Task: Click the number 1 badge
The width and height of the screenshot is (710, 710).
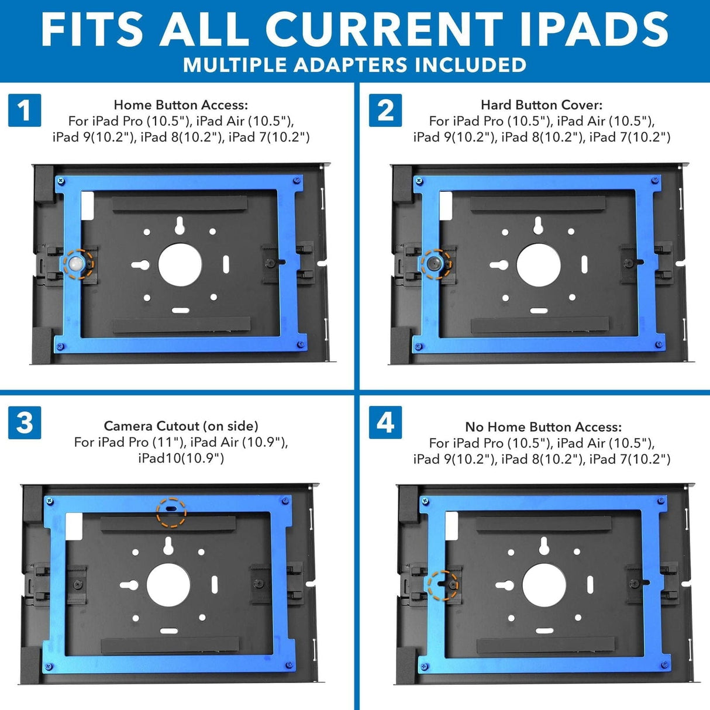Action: click(x=25, y=110)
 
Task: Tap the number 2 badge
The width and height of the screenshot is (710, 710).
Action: click(x=385, y=110)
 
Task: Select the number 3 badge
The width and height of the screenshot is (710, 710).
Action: click(x=25, y=422)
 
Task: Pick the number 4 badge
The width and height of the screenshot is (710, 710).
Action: click(x=385, y=422)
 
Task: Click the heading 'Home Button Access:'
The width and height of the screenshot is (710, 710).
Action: click(x=181, y=105)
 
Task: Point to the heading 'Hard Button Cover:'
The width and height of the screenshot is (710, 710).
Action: click(x=542, y=105)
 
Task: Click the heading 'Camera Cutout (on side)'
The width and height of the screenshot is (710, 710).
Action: click(x=181, y=426)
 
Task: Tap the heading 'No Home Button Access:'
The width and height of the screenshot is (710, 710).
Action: click(x=543, y=427)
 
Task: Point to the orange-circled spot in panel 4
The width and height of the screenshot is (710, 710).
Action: click(x=443, y=585)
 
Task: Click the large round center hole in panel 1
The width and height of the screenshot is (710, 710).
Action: click(x=180, y=265)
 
